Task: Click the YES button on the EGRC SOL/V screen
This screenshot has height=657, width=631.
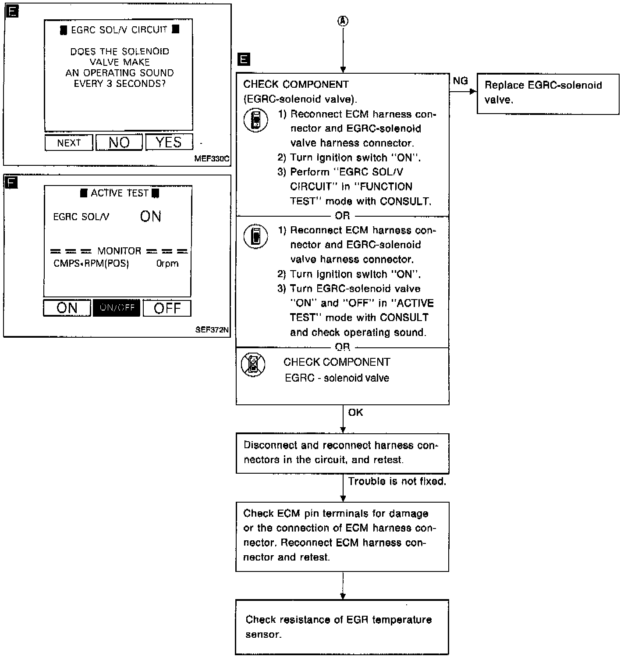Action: click(x=169, y=142)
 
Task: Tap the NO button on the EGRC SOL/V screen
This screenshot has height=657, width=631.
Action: click(x=119, y=142)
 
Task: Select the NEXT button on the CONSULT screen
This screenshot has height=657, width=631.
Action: click(x=69, y=143)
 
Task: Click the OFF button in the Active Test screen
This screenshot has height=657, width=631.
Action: click(x=167, y=308)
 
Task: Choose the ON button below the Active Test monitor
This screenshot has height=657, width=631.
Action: click(x=67, y=308)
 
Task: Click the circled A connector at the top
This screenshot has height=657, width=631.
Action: click(x=343, y=21)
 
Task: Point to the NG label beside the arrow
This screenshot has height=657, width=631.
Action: click(x=460, y=81)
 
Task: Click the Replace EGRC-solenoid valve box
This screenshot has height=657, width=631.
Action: click(x=548, y=93)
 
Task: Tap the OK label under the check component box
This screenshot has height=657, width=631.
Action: click(x=355, y=412)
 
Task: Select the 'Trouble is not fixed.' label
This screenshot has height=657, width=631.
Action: click(x=397, y=482)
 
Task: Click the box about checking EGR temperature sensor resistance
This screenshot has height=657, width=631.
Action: click(x=342, y=627)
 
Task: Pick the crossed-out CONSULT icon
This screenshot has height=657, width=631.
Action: click(x=253, y=364)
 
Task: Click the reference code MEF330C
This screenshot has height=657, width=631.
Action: click(x=212, y=159)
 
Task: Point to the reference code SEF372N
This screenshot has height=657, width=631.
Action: click(x=212, y=330)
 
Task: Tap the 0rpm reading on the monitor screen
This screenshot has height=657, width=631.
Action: click(x=167, y=264)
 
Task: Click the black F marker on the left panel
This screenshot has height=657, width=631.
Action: click(x=11, y=182)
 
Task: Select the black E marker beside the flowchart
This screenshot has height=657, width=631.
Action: click(x=243, y=59)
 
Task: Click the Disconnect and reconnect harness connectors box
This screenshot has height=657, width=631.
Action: click(x=342, y=453)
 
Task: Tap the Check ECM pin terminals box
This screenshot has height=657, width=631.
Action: click(x=342, y=536)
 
